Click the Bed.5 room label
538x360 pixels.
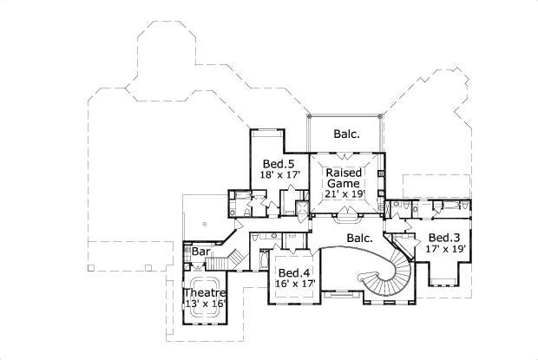point(279,163)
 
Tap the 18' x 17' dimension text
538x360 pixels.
point(279,176)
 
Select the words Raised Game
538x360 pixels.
point(344,178)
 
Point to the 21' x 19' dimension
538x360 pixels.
point(344,193)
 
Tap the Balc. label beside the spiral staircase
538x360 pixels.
point(360,237)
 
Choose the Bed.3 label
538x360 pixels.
point(443,238)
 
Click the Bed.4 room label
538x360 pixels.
point(294,272)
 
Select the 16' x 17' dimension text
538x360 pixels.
point(295,284)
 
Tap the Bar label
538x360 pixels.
point(200,252)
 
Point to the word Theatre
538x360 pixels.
point(205,292)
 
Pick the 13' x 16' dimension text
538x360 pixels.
point(205,304)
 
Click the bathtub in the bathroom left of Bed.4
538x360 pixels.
point(262,259)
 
